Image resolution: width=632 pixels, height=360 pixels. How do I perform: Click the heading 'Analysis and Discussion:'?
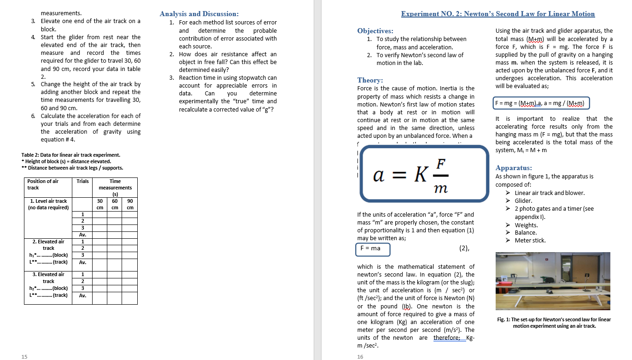199,14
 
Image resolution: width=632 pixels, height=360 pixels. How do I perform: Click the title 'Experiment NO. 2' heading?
498,14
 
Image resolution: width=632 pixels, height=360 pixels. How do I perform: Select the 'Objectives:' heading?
375,31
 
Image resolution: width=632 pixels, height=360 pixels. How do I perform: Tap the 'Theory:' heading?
370,80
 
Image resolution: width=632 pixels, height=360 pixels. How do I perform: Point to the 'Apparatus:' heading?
514,168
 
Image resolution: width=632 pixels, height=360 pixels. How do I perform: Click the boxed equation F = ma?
373,248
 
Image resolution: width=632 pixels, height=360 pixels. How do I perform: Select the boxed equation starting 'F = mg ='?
541,102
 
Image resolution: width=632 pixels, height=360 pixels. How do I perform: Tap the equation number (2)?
464,248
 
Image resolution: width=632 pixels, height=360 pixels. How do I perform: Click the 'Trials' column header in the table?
83,181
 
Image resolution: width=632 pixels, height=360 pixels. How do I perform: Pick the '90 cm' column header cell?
130,204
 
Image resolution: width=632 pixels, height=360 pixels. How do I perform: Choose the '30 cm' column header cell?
99,204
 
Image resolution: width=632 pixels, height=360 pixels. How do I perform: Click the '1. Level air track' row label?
48,201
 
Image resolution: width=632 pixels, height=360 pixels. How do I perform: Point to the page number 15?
24,356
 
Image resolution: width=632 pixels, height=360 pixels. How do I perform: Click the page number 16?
360,356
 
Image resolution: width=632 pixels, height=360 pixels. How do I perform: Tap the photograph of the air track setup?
553,281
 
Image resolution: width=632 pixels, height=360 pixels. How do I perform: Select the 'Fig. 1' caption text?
554,323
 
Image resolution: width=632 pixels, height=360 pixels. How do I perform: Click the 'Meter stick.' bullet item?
530,241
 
